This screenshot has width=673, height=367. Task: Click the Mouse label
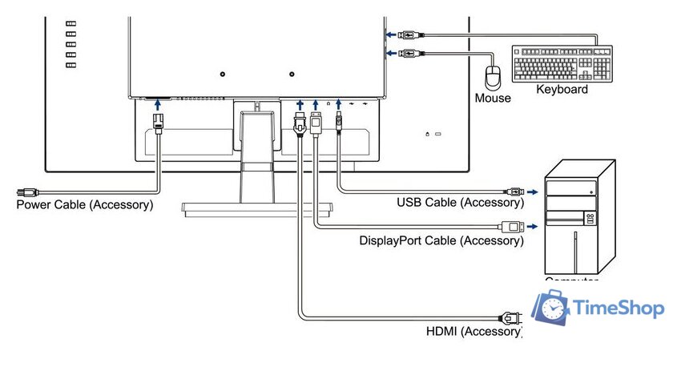[x=492, y=99]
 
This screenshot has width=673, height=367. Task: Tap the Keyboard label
[x=562, y=90]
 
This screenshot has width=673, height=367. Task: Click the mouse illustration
[x=492, y=77]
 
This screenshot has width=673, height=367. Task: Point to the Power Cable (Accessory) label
[x=85, y=204]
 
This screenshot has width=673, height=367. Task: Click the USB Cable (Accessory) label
[x=460, y=202]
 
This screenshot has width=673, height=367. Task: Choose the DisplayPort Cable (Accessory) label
[x=441, y=240]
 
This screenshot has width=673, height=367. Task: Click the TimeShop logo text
[x=619, y=308]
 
